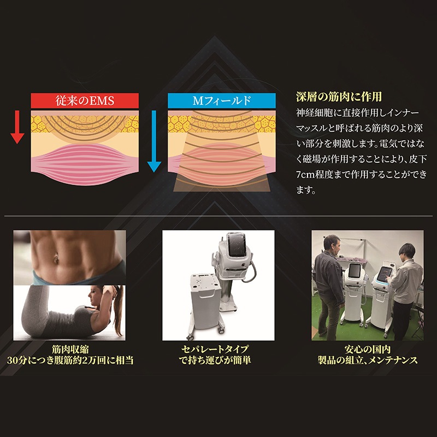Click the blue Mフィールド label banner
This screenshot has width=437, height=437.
[x=222, y=101]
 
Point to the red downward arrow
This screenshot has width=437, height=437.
[x=17, y=126]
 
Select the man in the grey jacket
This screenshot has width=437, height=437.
[x=329, y=279]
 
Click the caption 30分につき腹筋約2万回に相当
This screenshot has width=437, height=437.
[x=70, y=361]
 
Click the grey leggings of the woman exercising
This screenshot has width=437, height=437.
[x=44, y=311]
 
